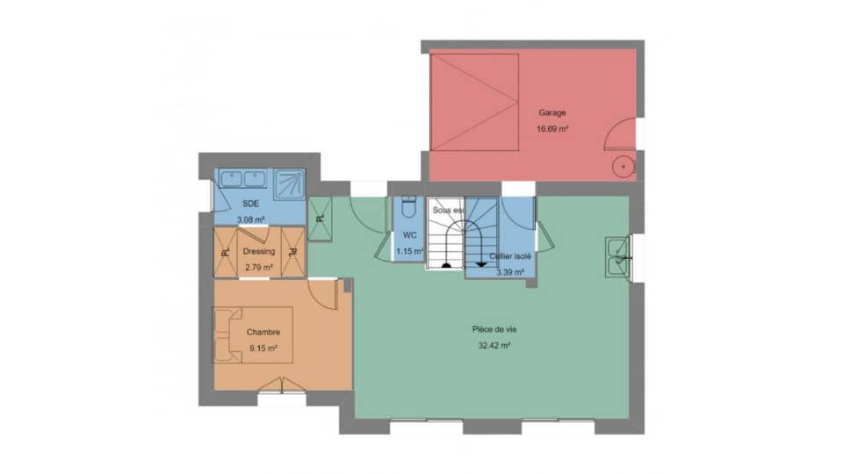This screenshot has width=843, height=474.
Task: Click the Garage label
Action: point(552,112)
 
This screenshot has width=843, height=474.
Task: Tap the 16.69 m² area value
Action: point(552,128)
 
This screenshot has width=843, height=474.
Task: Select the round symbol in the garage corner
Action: point(623,165)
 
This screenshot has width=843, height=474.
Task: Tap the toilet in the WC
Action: point(408,208)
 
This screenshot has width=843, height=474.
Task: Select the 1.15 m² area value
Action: point(409,251)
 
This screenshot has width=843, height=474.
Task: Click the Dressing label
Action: point(260,250)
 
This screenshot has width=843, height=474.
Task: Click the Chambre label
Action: point(263,332)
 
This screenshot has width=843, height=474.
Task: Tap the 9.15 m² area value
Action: point(263,348)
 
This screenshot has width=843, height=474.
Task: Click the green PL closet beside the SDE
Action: point(319,216)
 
